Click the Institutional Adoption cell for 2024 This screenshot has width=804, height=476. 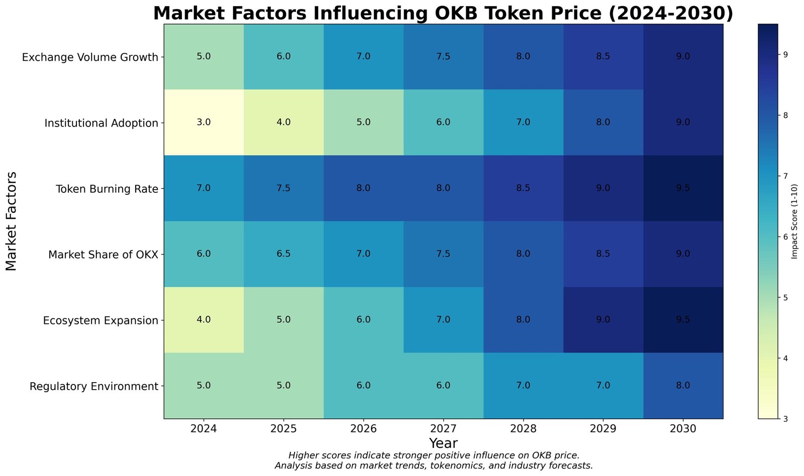204,123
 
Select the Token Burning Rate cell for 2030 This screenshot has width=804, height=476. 683,188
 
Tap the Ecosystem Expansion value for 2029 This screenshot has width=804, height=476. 603,320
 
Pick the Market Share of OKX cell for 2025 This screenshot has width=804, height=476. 283,254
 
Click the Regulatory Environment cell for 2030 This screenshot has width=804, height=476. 683,386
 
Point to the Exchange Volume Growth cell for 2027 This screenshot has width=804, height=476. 443,57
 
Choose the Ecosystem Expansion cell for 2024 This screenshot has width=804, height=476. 204,320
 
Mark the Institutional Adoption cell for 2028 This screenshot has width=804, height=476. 523,123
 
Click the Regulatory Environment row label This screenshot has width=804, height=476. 94,386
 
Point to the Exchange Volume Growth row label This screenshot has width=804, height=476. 90,57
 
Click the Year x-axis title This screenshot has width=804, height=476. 443,443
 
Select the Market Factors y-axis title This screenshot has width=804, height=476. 12,221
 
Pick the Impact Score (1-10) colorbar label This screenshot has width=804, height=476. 794,221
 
